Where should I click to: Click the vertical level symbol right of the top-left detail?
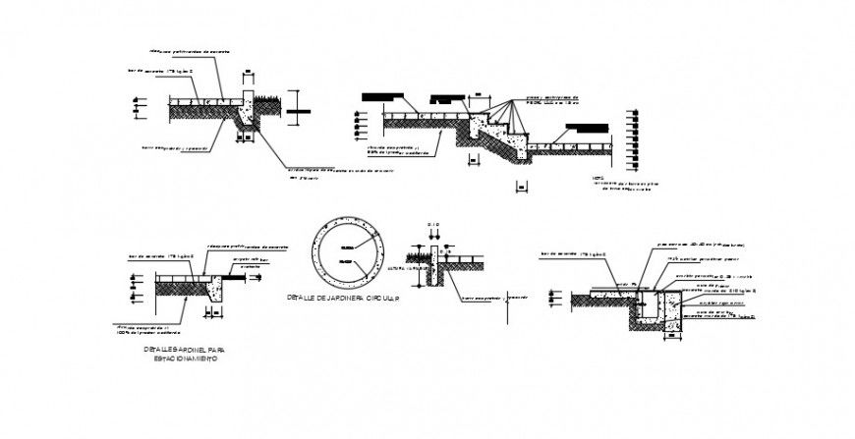300,107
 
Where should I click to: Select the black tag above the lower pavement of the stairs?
588,127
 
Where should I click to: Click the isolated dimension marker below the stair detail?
522,186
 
